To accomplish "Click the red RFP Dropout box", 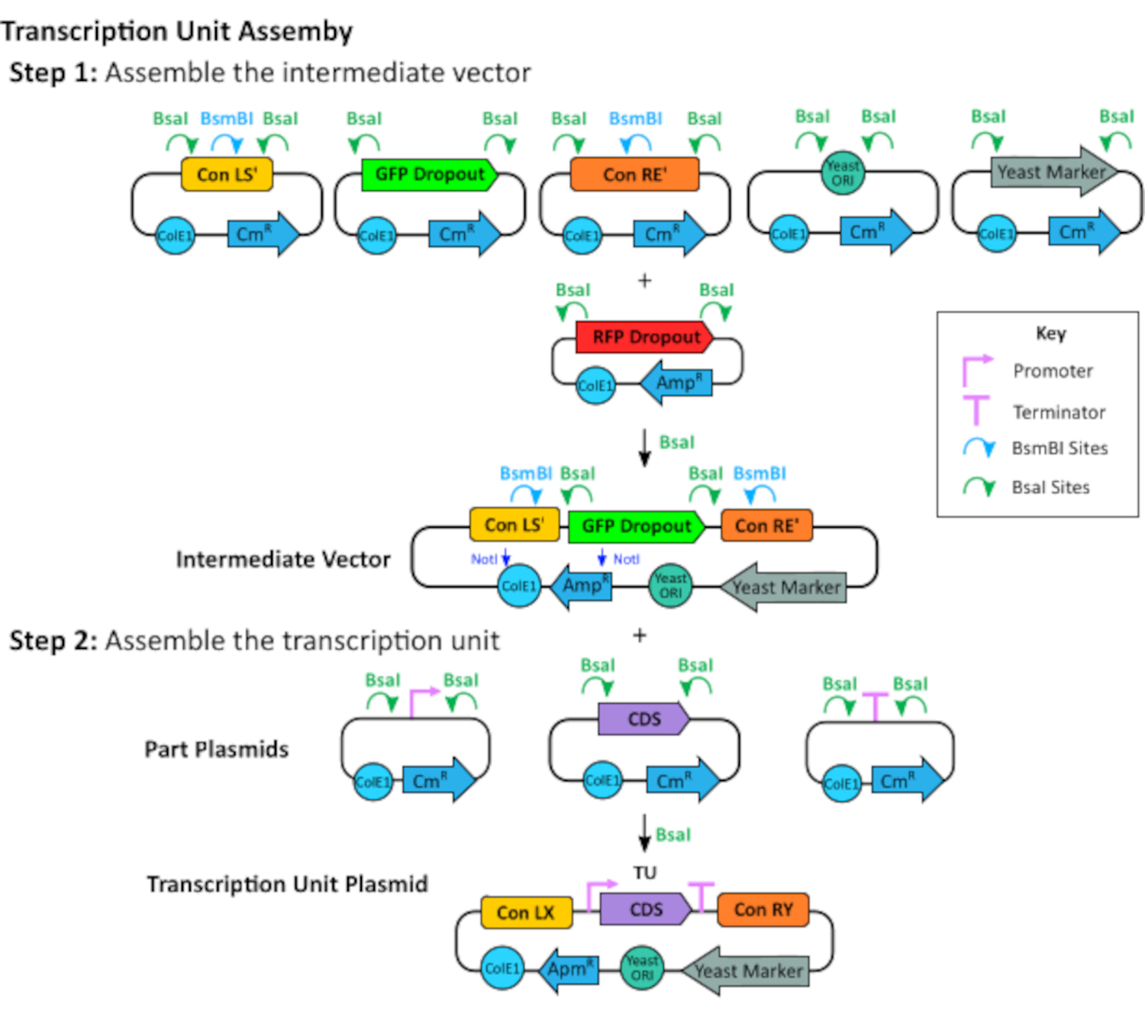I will click(644, 337).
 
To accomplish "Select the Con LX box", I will click(526, 912).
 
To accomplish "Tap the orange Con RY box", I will click(763, 909).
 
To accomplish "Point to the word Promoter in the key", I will click(1053, 371).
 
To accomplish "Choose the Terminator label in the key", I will click(1059, 412).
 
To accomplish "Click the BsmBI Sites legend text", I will click(1060, 448).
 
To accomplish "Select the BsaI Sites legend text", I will click(1050, 487).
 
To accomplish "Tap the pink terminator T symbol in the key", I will click(976, 410).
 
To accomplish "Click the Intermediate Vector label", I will click(282, 560).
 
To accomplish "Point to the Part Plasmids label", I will click(217, 749).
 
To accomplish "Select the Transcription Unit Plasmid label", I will click(287, 884).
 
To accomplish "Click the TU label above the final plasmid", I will click(644, 873).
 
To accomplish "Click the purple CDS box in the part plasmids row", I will click(643, 719).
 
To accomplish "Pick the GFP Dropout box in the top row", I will click(429, 175).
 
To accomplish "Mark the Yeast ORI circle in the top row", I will click(842, 173).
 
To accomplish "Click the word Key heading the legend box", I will click(1050, 334).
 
